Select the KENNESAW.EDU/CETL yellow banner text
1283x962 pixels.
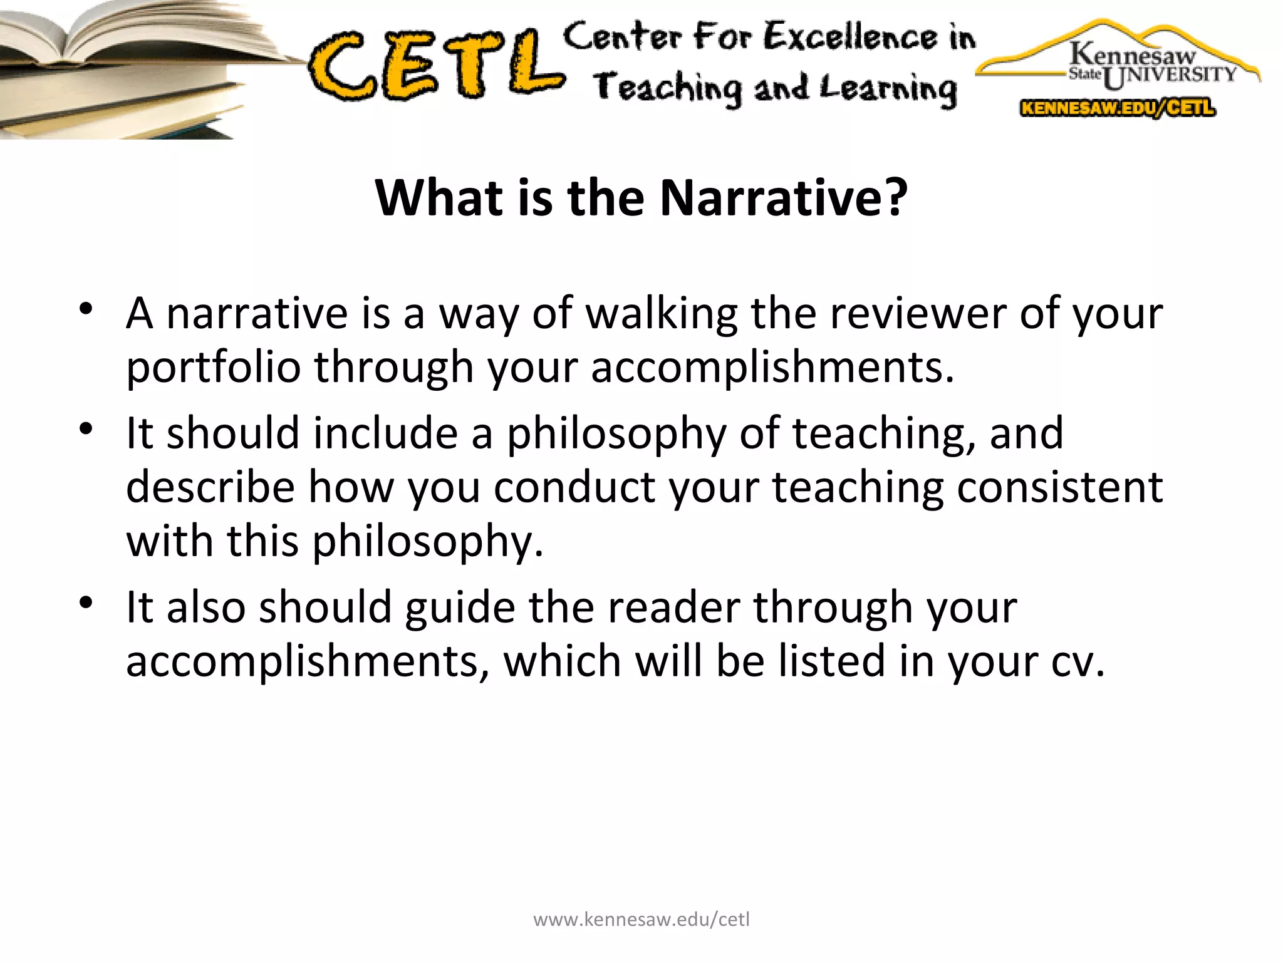pyautogui.click(x=1118, y=108)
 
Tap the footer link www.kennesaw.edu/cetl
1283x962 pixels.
pyautogui.click(x=641, y=919)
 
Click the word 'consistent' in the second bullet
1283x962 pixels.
pyautogui.click(x=1059, y=487)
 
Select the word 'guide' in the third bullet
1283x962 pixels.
pyautogui.click(x=460, y=608)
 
